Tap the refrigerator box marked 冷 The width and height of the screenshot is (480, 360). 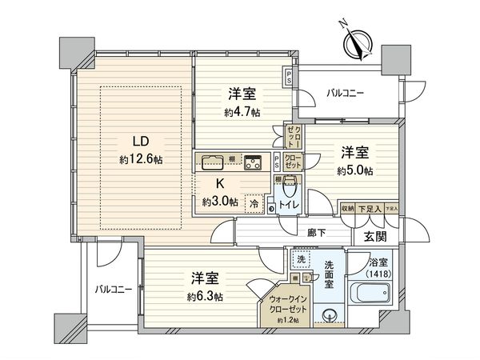click(254, 202)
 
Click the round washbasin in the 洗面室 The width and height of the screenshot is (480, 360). click(327, 313)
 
